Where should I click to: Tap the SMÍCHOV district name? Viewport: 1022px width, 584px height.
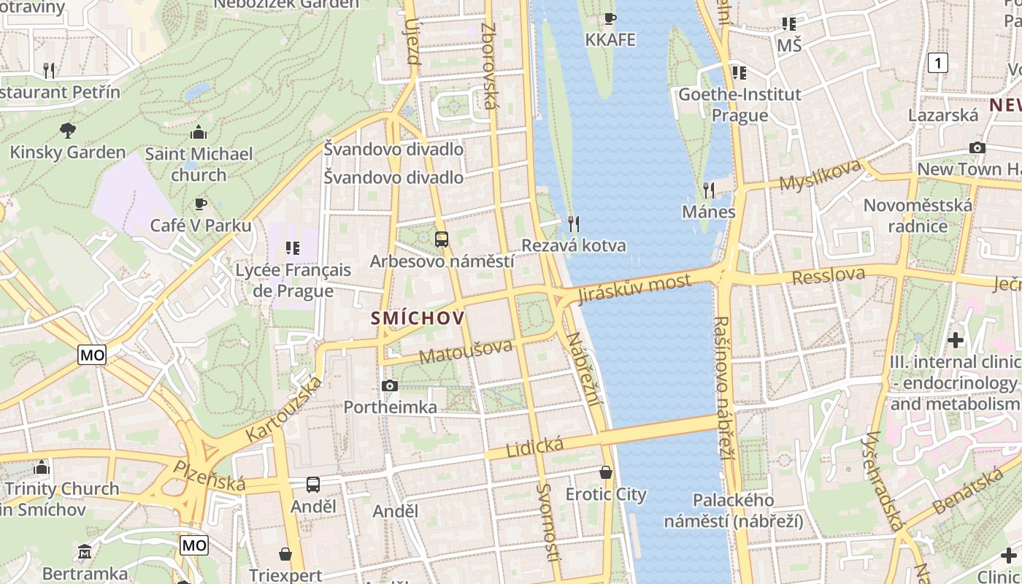click(418, 318)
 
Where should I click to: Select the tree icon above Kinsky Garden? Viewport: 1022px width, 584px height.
click(68, 131)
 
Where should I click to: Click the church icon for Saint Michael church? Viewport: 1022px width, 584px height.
click(198, 132)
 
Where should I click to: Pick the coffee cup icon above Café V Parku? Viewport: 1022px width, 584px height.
click(201, 204)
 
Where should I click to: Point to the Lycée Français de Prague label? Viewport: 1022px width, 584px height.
click(293, 280)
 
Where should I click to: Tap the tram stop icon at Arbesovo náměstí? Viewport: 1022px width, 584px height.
click(441, 239)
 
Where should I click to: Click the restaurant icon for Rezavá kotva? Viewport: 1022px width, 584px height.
click(574, 223)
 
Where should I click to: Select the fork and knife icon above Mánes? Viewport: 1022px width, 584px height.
click(708, 191)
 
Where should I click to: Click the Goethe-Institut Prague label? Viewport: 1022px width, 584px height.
click(739, 104)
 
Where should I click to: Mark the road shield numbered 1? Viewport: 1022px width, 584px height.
click(938, 63)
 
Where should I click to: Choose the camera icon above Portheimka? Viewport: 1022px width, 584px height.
click(390, 385)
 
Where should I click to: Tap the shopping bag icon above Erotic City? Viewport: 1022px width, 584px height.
click(606, 472)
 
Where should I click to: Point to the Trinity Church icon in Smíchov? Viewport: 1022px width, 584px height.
click(42, 467)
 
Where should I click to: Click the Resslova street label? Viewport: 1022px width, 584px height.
click(829, 276)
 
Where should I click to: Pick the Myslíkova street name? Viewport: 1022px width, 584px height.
click(820, 175)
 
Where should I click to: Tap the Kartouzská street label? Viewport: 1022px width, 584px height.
click(283, 410)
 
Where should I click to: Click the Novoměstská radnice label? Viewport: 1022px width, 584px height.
click(918, 215)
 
